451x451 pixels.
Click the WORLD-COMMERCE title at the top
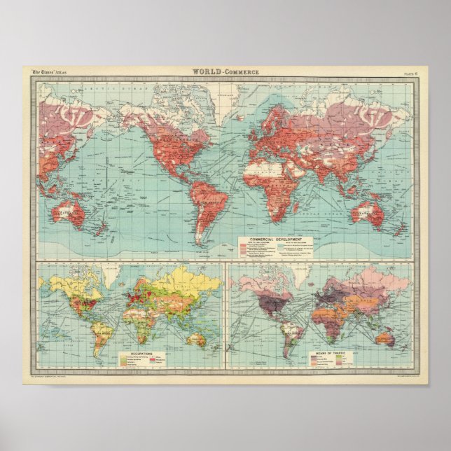tap(225, 71)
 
